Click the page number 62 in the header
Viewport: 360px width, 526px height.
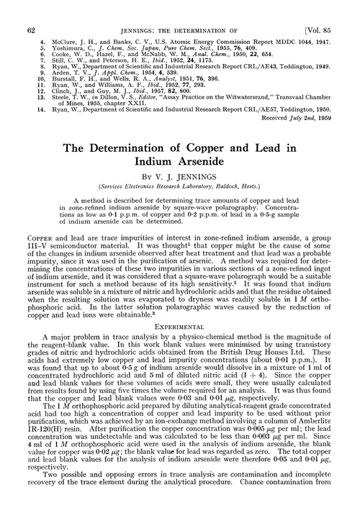pos(30,9)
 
